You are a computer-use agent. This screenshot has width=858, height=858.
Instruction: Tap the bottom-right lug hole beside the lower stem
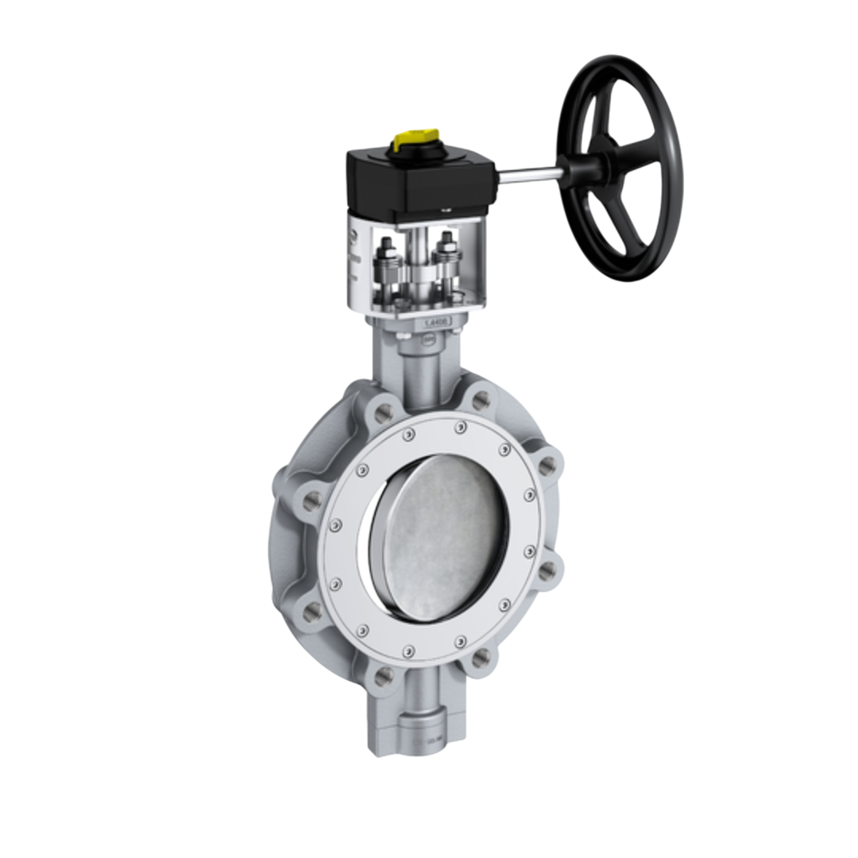[x=479, y=658]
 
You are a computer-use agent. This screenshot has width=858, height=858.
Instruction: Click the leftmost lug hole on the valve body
[x=312, y=500]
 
